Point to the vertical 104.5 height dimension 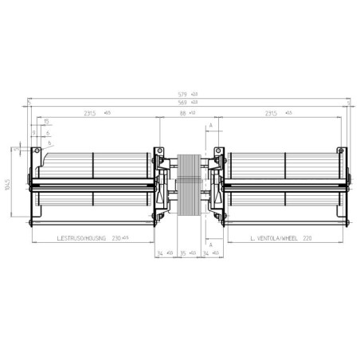tap(7, 189)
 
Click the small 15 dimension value tap(46, 121)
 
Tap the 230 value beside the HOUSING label tap(121, 237)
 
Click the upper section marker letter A tap(210, 126)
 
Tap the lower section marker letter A tap(210, 245)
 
